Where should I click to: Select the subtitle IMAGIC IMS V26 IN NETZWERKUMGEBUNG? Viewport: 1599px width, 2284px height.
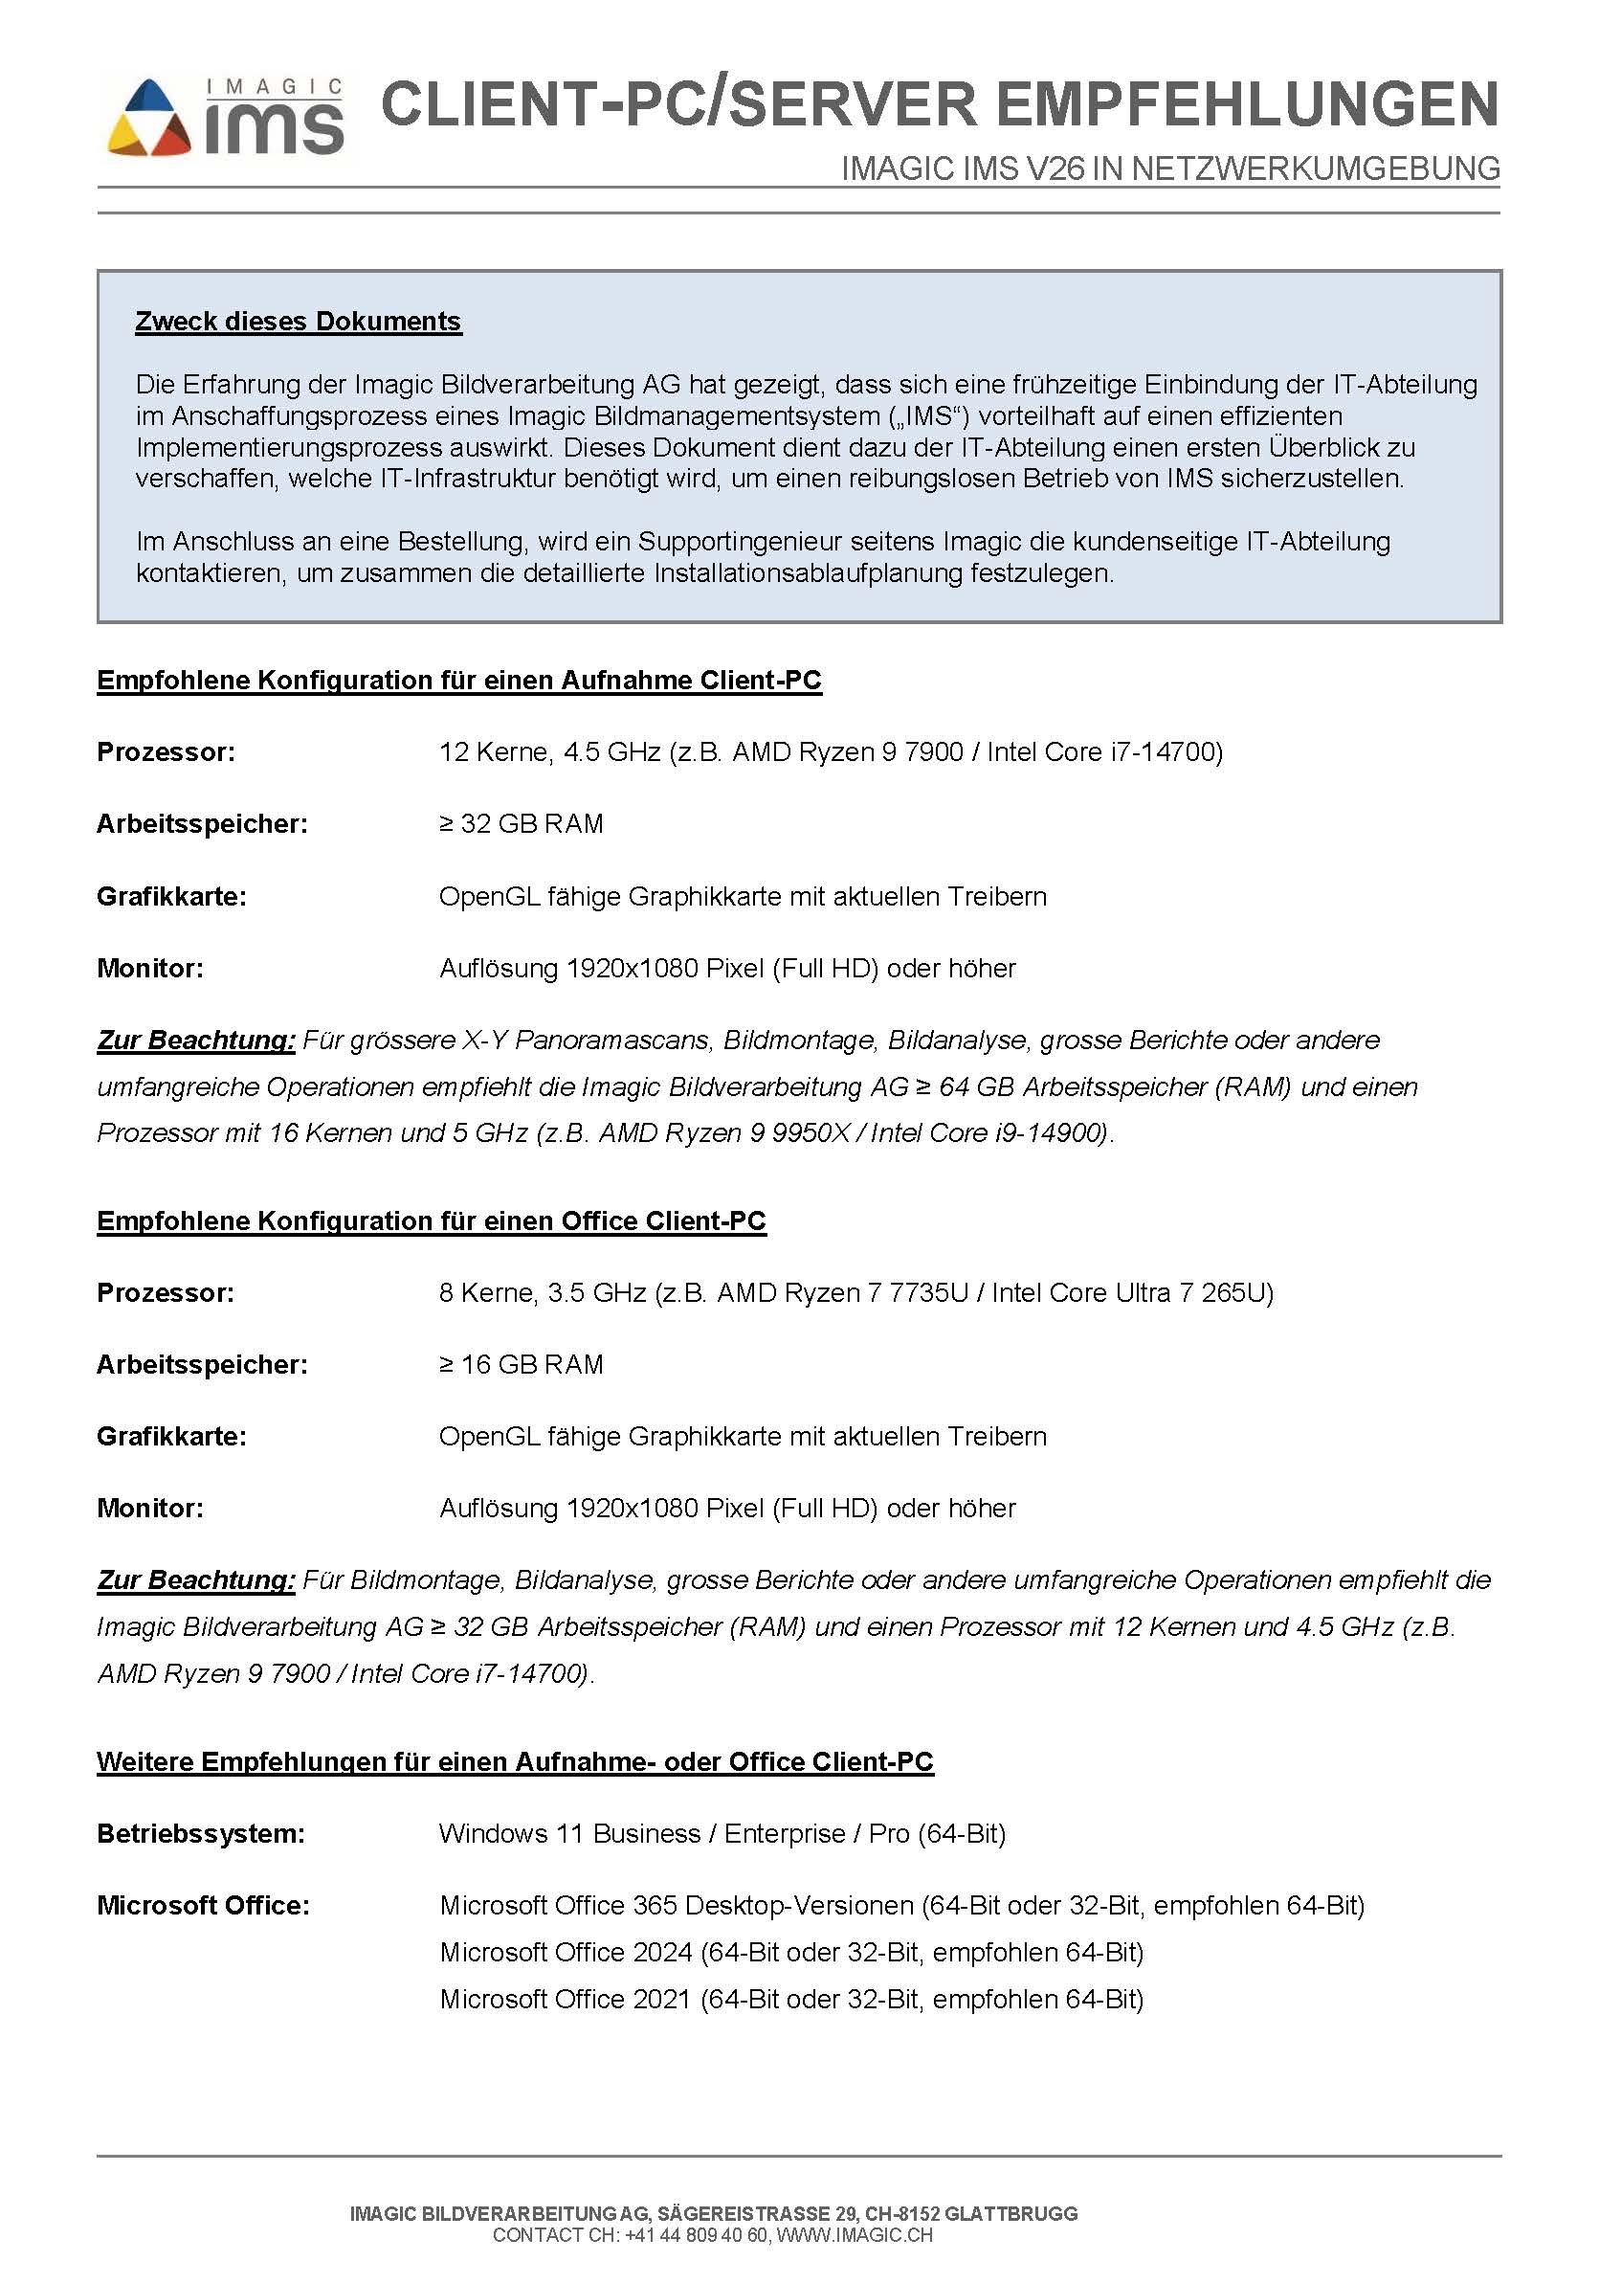pos(1169,169)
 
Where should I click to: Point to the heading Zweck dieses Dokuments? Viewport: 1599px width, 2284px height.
pos(299,322)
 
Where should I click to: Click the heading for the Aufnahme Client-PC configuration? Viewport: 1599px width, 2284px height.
pos(458,681)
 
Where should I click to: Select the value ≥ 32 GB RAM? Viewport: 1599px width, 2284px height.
pos(522,823)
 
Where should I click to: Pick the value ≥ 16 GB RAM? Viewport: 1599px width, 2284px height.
pos(522,1364)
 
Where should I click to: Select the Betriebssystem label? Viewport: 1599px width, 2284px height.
pos(200,1833)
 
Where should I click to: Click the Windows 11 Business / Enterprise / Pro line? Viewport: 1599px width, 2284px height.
pos(722,1833)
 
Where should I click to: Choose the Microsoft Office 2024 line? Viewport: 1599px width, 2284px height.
pos(791,1952)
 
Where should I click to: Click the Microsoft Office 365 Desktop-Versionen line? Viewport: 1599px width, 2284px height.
pos(900,1905)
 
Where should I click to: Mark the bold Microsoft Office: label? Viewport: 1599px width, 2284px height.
pos(203,1905)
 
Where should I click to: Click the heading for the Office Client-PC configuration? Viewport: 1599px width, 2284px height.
pos(431,1220)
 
